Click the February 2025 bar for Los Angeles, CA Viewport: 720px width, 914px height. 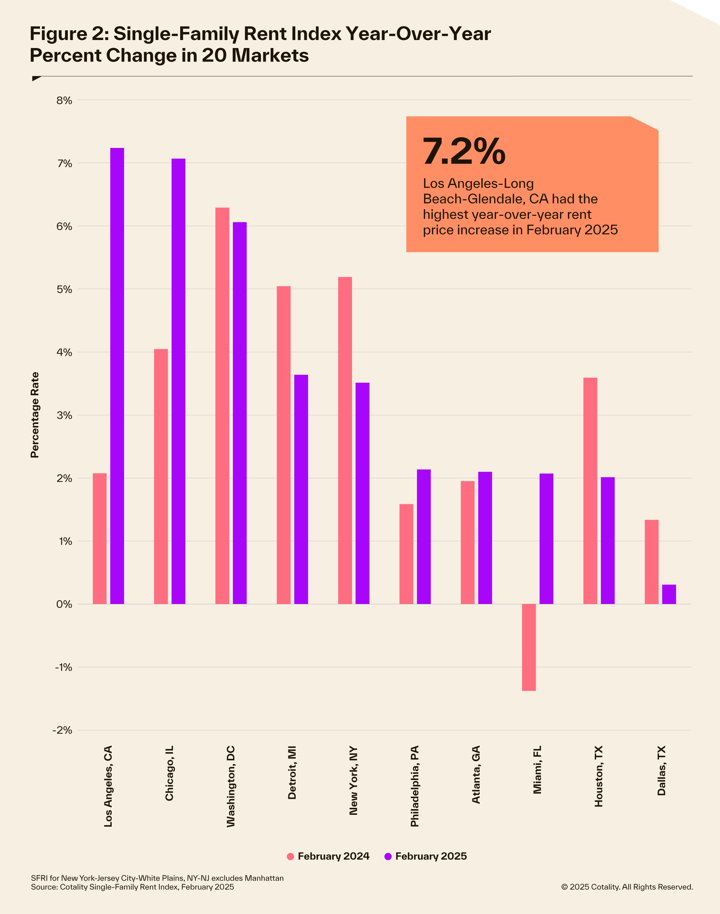pyautogui.click(x=117, y=376)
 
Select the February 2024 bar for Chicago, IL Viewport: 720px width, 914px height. pyautogui.click(x=161, y=476)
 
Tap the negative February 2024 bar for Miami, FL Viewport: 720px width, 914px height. pyautogui.click(x=529, y=647)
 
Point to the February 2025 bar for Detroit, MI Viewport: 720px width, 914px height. pyautogui.click(x=301, y=489)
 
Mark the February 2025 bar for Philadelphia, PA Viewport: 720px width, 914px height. pyautogui.click(x=424, y=536)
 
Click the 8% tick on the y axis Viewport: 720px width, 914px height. pyautogui.click(x=64, y=100)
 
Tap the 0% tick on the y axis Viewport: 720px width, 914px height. pyautogui.click(x=64, y=604)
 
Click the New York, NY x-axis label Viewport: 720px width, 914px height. pyautogui.click(x=353, y=780)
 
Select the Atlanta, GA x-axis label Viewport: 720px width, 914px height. pyautogui.click(x=476, y=774)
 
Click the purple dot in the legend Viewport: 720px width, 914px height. pyautogui.click(x=388, y=856)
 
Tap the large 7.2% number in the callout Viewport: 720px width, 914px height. pyautogui.click(x=464, y=151)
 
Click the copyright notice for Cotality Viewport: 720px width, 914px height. pyautogui.click(x=627, y=887)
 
